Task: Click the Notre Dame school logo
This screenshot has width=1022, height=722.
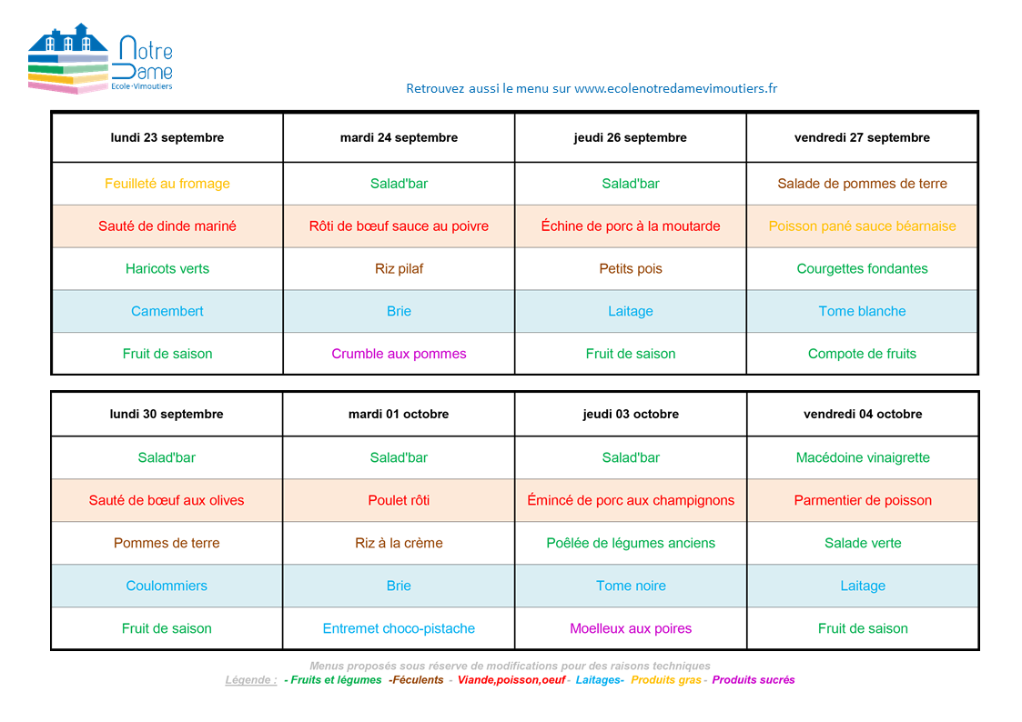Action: click(100, 60)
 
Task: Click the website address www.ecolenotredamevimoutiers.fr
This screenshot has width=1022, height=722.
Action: click(675, 88)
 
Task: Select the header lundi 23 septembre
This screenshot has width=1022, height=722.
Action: click(167, 138)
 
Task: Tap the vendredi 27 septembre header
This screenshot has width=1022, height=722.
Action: click(862, 138)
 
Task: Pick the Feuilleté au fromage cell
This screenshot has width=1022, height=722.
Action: click(167, 184)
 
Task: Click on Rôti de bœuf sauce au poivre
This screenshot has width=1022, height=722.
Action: click(399, 226)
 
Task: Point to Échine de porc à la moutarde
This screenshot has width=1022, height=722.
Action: click(631, 226)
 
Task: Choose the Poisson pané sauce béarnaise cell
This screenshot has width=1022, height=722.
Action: click(862, 226)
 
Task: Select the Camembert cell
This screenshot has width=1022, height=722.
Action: click(167, 311)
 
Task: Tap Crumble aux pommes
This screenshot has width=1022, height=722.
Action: click(399, 354)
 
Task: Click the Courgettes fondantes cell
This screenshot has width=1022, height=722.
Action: click(862, 269)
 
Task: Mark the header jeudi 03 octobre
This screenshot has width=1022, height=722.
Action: click(631, 414)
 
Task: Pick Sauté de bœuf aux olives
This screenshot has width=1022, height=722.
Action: click(167, 500)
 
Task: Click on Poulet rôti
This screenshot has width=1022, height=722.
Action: click(399, 500)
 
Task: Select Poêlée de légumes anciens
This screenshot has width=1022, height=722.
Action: click(631, 543)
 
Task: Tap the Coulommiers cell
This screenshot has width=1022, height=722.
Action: click(167, 586)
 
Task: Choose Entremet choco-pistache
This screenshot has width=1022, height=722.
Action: click(399, 628)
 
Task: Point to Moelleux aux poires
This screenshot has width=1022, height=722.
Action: click(631, 628)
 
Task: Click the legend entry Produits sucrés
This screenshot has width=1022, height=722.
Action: click(754, 680)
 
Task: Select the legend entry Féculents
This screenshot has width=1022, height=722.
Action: click(418, 680)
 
